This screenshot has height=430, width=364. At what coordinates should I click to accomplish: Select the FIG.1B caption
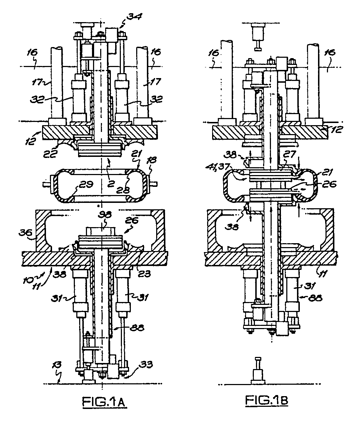pos(266,400)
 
